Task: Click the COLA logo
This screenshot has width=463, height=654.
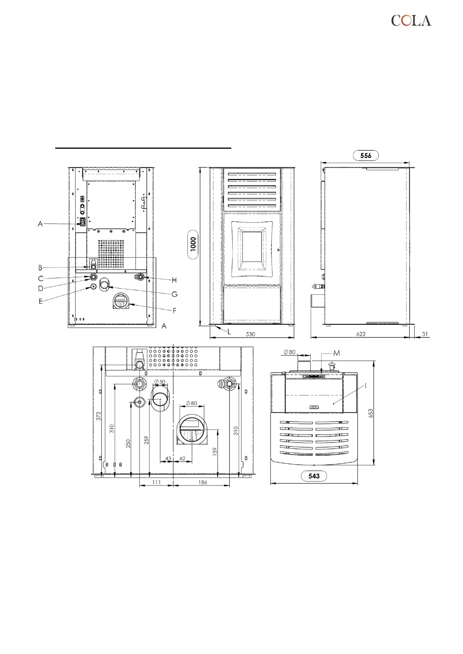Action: tap(411, 21)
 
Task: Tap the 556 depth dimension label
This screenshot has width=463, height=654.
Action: tap(366, 155)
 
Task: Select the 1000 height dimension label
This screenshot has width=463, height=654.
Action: tap(193, 244)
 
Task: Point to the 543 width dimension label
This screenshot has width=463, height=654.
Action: tap(314, 476)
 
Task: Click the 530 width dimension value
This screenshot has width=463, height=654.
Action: tap(250, 334)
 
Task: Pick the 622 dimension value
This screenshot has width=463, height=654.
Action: tap(361, 334)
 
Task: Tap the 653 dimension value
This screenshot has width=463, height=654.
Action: tap(370, 413)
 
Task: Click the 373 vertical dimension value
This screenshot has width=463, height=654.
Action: tap(98, 416)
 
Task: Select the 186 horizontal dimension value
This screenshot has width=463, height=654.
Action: tap(203, 482)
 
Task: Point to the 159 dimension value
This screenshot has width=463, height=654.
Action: tap(215, 451)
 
